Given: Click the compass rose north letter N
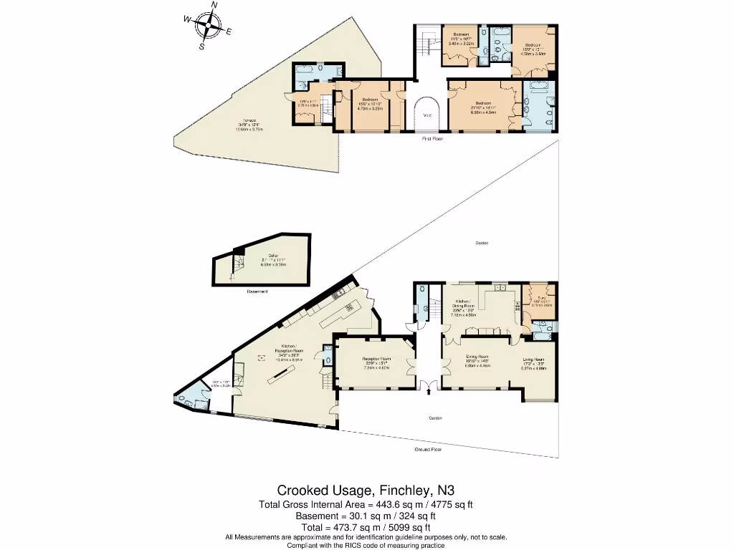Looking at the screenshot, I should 214,6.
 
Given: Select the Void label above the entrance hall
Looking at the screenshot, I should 428,115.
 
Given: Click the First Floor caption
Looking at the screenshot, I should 432,139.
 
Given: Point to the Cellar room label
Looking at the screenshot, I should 273,256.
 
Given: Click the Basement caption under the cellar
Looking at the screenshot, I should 257,291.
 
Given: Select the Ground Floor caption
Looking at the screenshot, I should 427,450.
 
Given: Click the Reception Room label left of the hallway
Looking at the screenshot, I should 376,358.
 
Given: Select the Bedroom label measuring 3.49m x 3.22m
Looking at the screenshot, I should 460,35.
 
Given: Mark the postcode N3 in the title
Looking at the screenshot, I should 446,491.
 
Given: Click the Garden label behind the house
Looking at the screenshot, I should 482,243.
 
